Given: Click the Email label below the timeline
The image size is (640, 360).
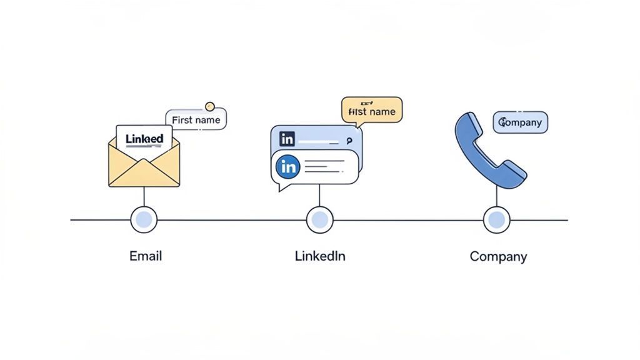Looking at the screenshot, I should coord(146,256).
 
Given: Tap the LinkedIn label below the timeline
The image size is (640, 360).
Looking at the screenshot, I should coord(320,256).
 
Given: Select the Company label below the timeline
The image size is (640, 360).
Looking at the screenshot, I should coord(498,256).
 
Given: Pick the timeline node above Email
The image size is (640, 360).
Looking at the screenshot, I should coord(144,219).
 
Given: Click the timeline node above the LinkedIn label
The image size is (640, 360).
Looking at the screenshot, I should coord(320,219).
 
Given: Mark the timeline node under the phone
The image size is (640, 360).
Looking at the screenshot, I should coord(497,219).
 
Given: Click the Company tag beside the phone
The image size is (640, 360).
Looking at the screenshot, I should coord(521,122).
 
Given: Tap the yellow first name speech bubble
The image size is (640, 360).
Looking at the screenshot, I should coord(372,111).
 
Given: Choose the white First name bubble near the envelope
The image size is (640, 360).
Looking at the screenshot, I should coord(196,119).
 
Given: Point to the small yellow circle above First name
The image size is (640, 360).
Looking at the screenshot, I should coord(210,106).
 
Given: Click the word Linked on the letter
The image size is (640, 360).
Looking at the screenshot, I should coord(144,139).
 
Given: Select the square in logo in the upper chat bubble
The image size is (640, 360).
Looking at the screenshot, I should coord(287,139).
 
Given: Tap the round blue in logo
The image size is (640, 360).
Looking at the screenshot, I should coord(288,167).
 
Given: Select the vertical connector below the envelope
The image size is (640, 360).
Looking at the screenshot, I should coord(144,197).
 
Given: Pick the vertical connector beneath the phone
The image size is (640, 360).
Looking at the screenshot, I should coord(497,197).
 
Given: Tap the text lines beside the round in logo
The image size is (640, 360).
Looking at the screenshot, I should coord(324,167).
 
